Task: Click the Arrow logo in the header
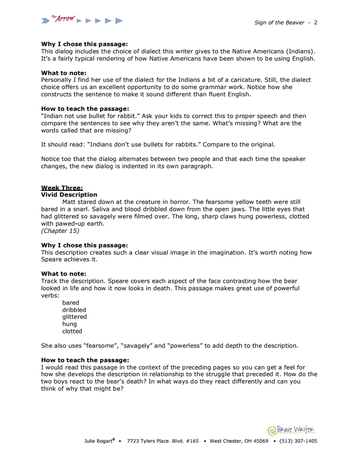coord(82,20)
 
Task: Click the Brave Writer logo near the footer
coord(291,430)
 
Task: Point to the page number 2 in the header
coord(316,23)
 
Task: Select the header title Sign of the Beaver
coord(279,23)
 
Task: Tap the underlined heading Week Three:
coord(62,188)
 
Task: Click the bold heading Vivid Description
coord(69,195)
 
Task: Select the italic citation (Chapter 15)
coord(60,231)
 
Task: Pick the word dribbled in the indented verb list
coord(74,310)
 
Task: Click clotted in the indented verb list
coord(72,331)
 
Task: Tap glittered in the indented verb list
coord(75,317)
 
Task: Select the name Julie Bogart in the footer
coord(98,441)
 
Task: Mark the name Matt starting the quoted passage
coord(69,202)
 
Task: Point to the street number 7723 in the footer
coord(135,441)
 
